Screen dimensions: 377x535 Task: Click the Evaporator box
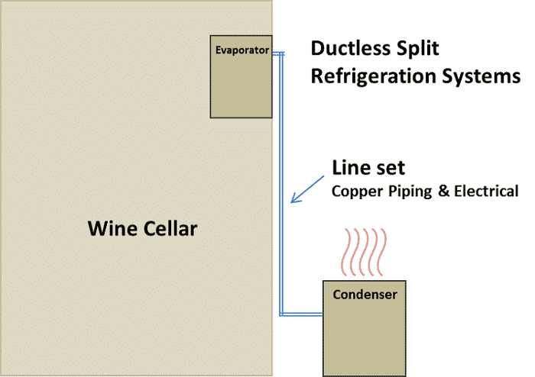(x=242, y=84)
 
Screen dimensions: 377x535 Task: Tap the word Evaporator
(x=242, y=51)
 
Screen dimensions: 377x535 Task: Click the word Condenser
(x=365, y=294)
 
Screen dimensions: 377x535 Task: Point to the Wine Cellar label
(x=142, y=227)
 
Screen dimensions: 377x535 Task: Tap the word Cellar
(x=170, y=227)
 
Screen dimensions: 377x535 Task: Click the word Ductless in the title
(x=349, y=50)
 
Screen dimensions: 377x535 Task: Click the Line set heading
(x=368, y=168)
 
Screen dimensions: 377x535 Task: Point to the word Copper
(x=355, y=191)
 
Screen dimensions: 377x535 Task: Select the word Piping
(x=412, y=191)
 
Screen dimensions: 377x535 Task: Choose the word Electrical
(x=486, y=191)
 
